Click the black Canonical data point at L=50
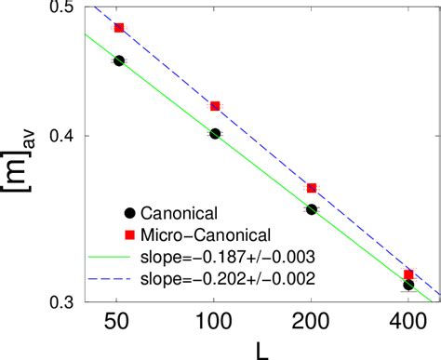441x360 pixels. (x=118, y=60)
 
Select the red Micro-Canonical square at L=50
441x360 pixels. (x=118, y=28)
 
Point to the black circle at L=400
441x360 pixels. (x=408, y=285)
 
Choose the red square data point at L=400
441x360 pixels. (x=408, y=274)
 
